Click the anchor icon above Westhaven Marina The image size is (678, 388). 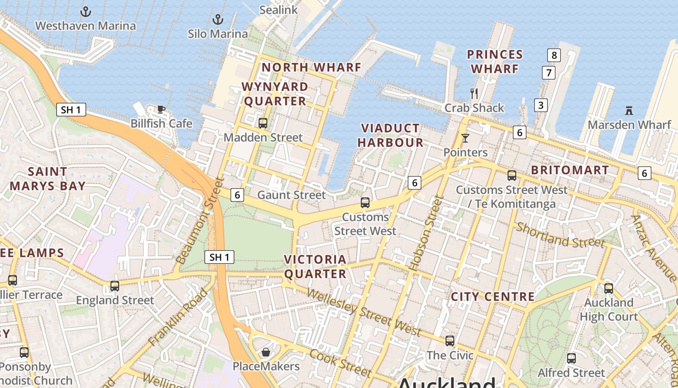click(x=86, y=12)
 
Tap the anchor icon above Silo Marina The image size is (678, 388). click(x=218, y=20)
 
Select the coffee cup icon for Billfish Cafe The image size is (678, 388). click(x=161, y=109)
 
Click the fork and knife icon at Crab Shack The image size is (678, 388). click(x=474, y=93)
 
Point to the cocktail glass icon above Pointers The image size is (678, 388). click(x=465, y=138)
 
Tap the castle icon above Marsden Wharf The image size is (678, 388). click(x=629, y=111)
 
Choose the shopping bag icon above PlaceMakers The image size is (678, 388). click(x=265, y=352)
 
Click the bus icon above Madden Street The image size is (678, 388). click(x=263, y=123)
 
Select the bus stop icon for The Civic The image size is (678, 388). click(x=450, y=341)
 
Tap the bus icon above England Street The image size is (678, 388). click(x=115, y=286)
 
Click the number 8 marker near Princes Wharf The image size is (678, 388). click(x=554, y=55)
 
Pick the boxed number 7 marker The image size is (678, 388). click(x=548, y=73)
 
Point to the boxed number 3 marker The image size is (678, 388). click(x=540, y=105)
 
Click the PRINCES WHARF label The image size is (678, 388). click(x=495, y=62)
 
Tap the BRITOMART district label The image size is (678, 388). click(x=570, y=170)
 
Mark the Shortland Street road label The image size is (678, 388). click(x=560, y=235)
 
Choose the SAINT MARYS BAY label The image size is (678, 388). click(x=47, y=178)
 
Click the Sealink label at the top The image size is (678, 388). click(x=278, y=10)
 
